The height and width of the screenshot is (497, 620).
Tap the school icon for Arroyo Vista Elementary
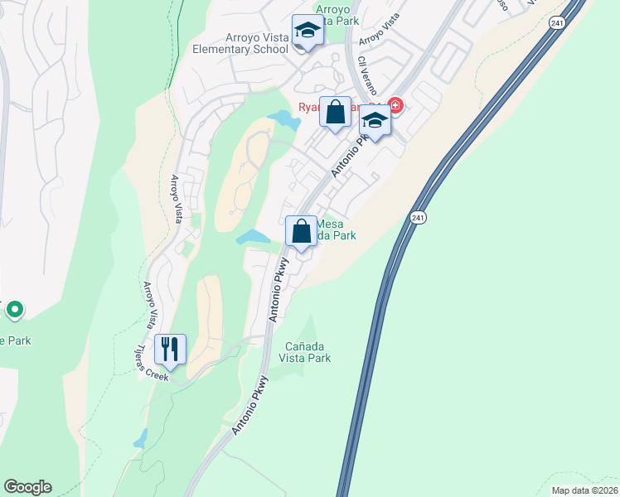pyautogui.click(x=308, y=32)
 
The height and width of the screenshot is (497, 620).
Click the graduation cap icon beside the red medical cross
pyautogui.click(x=375, y=122)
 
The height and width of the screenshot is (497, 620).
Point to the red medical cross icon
pyautogui.click(x=395, y=105)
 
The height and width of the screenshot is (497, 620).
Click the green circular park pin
pyautogui.click(x=14, y=310)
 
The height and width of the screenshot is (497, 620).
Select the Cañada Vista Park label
pyautogui.click(x=308, y=352)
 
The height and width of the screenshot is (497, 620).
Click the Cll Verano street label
pyautogui.click(x=368, y=74)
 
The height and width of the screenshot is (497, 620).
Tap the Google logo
pyautogui.click(x=27, y=487)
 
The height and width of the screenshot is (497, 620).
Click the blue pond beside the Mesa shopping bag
pyautogui.click(x=254, y=238)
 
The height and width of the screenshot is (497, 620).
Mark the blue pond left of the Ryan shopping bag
pyautogui.click(x=284, y=120)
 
